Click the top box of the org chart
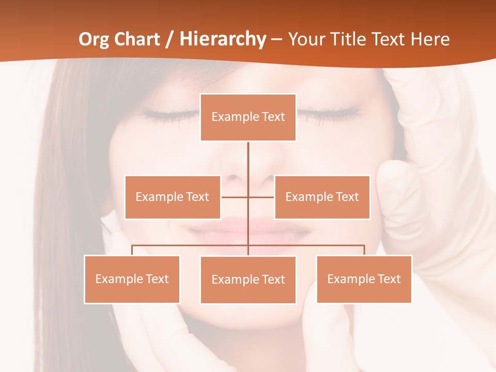248,117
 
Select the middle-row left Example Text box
173,197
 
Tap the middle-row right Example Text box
322,197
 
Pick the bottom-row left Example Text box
132,279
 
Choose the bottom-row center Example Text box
248,280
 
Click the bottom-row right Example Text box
364,279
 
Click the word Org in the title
94,39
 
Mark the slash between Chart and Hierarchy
169,39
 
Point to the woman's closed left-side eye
168,114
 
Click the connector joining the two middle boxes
235,197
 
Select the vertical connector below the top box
248,160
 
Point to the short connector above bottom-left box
132,250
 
